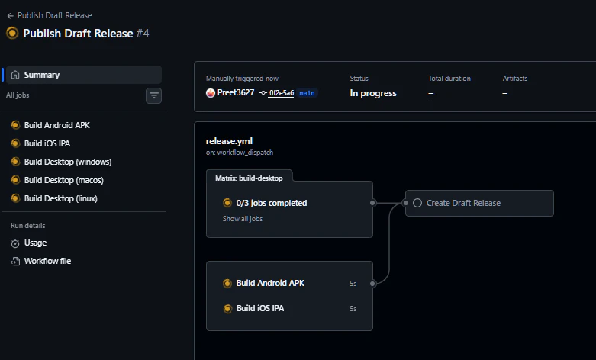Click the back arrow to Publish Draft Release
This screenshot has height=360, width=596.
point(11,15)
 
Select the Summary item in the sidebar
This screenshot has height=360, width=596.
point(41,75)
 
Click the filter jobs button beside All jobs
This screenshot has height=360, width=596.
point(154,95)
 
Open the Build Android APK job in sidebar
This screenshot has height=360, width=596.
point(56,125)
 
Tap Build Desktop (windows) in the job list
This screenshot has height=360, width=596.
point(67,162)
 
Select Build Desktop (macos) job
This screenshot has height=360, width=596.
point(63,180)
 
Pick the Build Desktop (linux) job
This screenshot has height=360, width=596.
point(60,198)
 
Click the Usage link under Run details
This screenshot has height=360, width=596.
point(35,243)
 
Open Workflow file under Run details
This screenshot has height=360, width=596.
point(47,261)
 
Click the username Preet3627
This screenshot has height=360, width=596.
point(235,93)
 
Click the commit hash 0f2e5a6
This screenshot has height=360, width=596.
point(281,93)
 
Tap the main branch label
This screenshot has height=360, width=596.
point(307,93)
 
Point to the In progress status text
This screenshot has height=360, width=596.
point(373,93)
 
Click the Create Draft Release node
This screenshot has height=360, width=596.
point(463,203)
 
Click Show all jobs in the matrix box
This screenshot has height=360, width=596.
point(243,219)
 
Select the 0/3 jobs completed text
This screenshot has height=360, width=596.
point(272,203)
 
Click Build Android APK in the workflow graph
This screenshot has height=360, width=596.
point(270,283)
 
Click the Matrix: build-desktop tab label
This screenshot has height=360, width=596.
point(249,178)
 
